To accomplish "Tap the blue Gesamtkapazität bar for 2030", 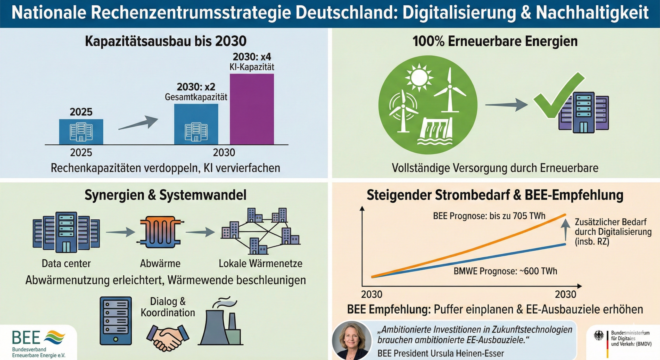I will tap(196, 124).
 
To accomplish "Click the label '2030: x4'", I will tap(252, 57).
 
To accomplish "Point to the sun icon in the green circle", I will tap(419, 77).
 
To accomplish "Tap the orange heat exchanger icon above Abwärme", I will tap(160, 232).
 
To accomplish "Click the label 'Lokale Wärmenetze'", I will tap(260, 264).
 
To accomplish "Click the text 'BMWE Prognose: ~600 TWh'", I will tap(505, 271).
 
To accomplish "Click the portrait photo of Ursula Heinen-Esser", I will tap(352, 340).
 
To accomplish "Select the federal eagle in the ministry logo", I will tap(598, 336).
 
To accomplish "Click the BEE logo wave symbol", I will tap(55, 336).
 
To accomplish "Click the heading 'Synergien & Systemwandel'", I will tap(165, 195).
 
